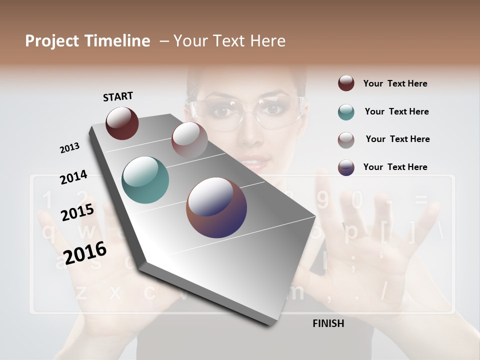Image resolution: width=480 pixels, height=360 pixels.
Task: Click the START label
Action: [x=118, y=96]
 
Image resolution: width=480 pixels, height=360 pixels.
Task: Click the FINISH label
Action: [x=328, y=323]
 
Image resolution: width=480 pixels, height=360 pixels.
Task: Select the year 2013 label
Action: [x=69, y=148]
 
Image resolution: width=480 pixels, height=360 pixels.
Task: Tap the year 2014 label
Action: [x=73, y=177]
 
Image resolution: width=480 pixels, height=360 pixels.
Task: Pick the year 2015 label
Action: [x=77, y=213]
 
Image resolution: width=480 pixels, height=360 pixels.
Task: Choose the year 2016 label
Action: [x=85, y=252]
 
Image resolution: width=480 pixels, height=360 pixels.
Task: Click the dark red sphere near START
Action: [x=122, y=123]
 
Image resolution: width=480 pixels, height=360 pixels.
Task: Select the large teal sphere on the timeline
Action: [x=145, y=179]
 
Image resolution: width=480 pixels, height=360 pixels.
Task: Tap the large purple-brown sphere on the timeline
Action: [x=216, y=207]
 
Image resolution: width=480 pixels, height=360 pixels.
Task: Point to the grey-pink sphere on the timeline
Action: [x=189, y=139]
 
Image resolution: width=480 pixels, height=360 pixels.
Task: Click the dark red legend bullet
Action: [x=346, y=83]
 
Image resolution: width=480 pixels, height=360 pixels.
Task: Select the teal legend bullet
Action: [x=346, y=112]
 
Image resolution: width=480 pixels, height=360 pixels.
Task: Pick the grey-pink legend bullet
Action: [x=346, y=139]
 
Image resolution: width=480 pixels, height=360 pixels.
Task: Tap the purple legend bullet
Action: [x=346, y=167]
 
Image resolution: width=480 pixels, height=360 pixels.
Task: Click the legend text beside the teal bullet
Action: [x=396, y=111]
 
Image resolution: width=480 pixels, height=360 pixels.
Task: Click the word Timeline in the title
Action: [x=117, y=41]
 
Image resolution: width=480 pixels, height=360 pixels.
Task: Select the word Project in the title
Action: [x=52, y=41]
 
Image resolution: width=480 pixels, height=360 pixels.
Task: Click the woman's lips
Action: [x=255, y=162]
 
